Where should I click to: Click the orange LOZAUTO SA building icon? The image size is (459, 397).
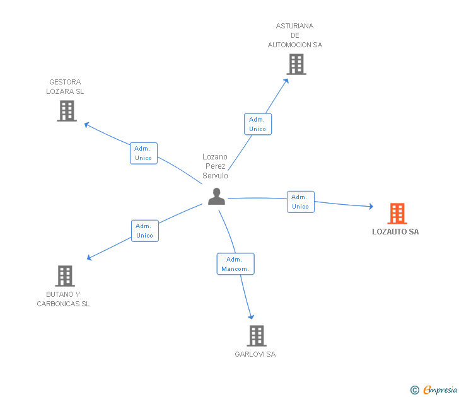[x=397, y=214]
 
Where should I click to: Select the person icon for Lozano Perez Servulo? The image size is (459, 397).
[x=216, y=197]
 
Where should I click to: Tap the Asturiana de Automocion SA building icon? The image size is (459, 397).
[x=296, y=64]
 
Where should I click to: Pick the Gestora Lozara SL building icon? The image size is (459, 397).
[x=66, y=111]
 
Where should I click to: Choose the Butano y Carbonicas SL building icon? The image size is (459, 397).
[x=64, y=276]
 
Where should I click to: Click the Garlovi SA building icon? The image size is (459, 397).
[x=256, y=336]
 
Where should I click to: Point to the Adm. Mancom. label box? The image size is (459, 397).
[x=235, y=264]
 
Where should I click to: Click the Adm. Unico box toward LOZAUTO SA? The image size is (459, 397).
[x=300, y=202]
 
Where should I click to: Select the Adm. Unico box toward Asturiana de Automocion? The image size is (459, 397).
[x=257, y=124]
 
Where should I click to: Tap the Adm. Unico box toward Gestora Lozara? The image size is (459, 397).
[x=143, y=153]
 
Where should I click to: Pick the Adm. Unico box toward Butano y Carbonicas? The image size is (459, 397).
[x=144, y=231]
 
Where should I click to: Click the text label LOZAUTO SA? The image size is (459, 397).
[x=395, y=232]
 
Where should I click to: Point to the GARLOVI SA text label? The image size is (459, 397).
[x=255, y=354]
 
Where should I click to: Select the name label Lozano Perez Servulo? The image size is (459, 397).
[x=215, y=166]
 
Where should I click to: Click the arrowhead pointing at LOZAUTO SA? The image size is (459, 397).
[x=370, y=206]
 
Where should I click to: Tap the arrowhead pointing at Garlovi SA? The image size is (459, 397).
[x=252, y=316]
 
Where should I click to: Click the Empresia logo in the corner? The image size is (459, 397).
[x=439, y=390]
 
